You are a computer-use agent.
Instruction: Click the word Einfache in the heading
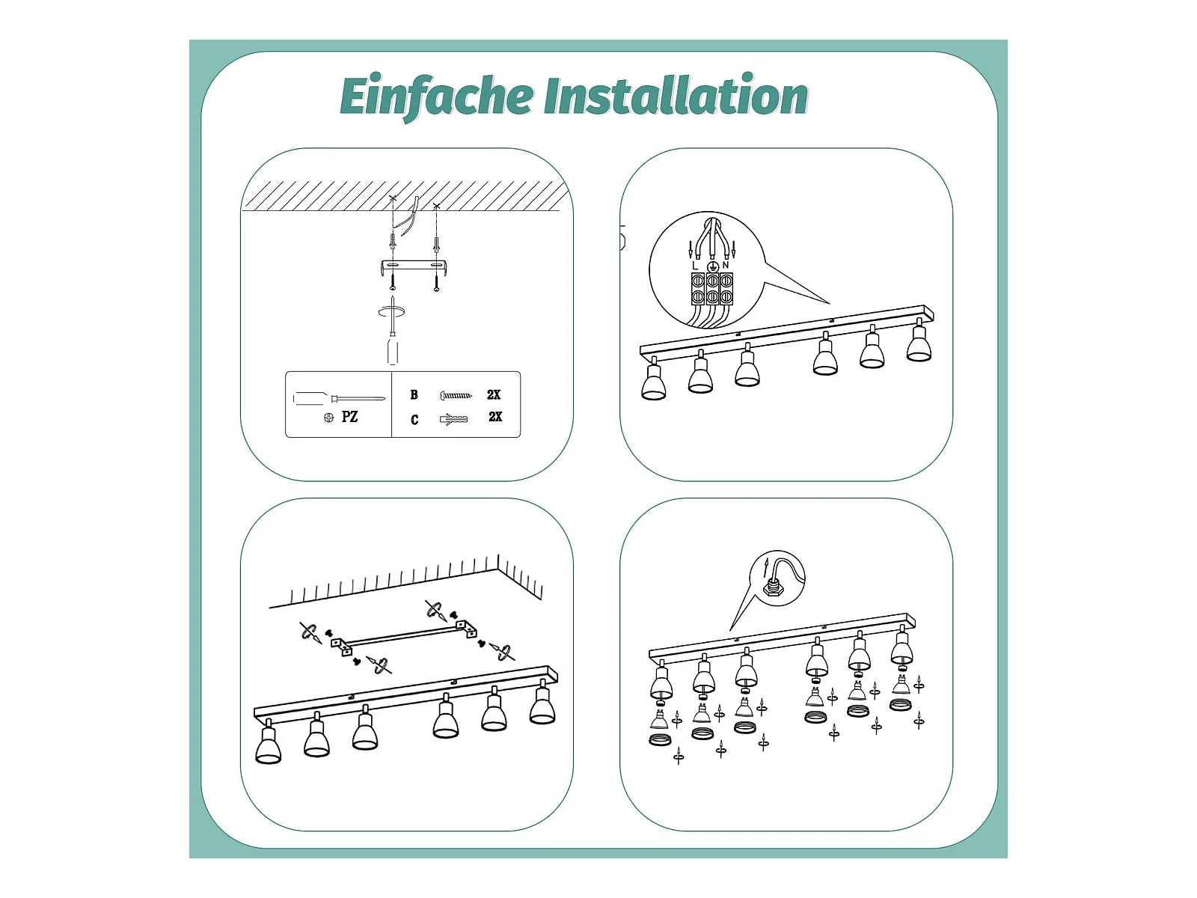point(435,97)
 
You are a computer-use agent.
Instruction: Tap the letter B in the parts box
point(414,395)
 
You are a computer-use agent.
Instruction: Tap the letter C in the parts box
point(414,419)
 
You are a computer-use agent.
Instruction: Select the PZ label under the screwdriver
point(349,417)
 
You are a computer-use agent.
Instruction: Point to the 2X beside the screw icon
point(494,395)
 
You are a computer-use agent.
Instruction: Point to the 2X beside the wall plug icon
point(495,417)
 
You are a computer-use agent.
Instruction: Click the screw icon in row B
point(456,395)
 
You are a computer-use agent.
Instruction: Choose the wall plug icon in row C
point(453,419)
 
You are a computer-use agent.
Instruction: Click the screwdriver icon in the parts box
point(339,399)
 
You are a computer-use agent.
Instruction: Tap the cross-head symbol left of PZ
point(328,418)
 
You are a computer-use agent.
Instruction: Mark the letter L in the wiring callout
point(695,266)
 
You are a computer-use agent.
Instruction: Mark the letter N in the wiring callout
point(725,265)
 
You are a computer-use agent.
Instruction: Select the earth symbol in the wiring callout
point(711,266)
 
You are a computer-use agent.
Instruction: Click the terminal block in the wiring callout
point(712,289)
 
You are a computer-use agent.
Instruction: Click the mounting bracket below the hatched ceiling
point(414,267)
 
